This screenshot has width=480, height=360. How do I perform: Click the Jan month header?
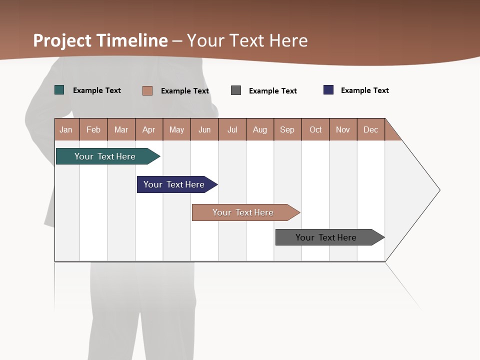(x=66, y=129)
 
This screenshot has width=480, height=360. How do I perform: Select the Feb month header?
(x=93, y=129)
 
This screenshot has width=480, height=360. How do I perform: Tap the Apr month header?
(x=149, y=129)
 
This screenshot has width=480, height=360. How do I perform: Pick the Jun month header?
(x=204, y=129)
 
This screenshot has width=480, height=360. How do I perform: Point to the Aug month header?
(x=260, y=129)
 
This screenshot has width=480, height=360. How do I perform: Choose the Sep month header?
(x=287, y=129)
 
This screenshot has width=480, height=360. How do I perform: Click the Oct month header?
(x=315, y=129)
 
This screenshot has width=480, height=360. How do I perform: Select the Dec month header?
(x=371, y=129)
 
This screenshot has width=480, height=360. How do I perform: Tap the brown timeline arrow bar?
(x=244, y=212)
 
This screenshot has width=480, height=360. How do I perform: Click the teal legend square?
(x=59, y=90)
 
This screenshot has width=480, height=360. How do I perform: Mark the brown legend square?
(x=147, y=90)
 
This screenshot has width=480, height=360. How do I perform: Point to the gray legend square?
(x=236, y=90)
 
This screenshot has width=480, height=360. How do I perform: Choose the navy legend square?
(x=328, y=90)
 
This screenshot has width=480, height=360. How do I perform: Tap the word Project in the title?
(x=62, y=40)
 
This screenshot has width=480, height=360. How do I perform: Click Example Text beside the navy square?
(x=364, y=90)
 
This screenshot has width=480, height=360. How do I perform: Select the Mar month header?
(x=121, y=129)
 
